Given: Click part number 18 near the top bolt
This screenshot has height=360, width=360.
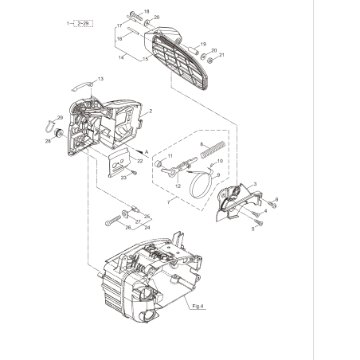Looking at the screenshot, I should coord(146,11).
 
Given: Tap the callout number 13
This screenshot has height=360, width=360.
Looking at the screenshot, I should coord(100,79).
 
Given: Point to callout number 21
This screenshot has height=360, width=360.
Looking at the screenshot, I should coord(222,56).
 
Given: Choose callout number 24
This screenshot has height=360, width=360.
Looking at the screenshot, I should coord(147,226).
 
